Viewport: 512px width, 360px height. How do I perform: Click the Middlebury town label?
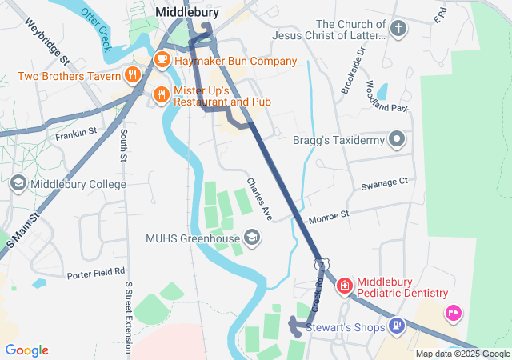tap(188, 12)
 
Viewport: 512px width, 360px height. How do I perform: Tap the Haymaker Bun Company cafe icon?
tap(162, 58)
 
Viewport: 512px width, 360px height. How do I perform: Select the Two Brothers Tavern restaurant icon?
tap(133, 75)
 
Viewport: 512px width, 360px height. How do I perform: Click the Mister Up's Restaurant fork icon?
tap(162, 94)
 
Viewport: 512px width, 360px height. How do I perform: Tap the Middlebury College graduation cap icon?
tap(18, 184)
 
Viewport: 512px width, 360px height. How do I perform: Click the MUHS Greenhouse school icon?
tap(252, 237)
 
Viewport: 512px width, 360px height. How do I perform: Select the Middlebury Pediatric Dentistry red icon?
tap(344, 285)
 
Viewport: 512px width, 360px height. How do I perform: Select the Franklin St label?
tap(76, 133)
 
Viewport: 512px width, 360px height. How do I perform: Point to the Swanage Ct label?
tap(384, 182)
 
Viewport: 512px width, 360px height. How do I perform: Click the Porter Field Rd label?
tap(96, 272)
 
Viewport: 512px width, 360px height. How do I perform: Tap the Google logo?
tap(27, 350)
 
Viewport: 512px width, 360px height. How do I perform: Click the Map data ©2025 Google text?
tap(462, 353)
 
